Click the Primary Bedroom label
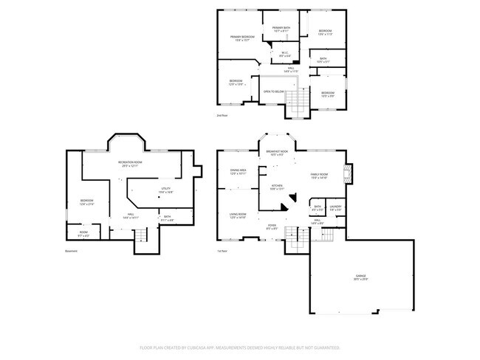point(242,38)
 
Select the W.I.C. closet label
point(284,53)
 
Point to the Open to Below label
point(274,91)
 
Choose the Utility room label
point(166,190)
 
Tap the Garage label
point(360,277)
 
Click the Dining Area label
point(238,171)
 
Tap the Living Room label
point(238,215)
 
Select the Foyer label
point(272,226)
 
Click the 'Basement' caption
point(72,251)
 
